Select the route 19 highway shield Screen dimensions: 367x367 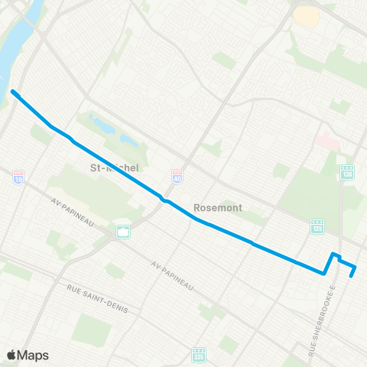click(18, 176)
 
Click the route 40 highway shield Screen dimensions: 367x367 click(177, 177)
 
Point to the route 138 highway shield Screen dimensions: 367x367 click(347, 173)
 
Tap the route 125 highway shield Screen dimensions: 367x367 click(317, 226)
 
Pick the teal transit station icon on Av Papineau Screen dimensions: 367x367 click(122, 232)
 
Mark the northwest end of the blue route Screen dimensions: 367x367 click(13, 93)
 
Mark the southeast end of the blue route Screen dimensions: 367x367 click(352, 275)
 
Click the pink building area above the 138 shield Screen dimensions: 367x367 click(326, 141)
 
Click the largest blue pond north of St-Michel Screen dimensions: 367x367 click(103, 122)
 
